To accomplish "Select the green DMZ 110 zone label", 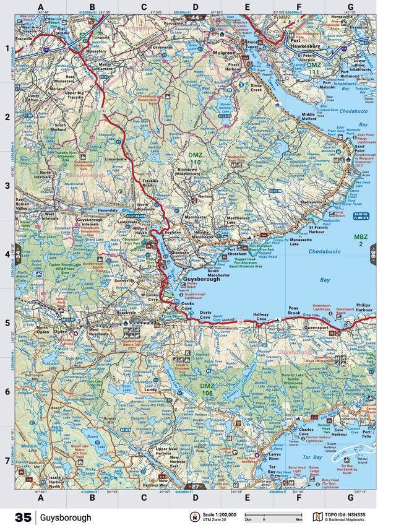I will (196, 158).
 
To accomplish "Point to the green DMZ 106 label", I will (207, 389).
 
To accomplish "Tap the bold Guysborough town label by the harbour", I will (202, 280).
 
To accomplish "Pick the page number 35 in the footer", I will (23, 517).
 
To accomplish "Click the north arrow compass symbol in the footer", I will (195, 517).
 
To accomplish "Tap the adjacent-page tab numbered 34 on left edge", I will (18, 253).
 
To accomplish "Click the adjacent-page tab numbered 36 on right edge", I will (373, 253).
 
